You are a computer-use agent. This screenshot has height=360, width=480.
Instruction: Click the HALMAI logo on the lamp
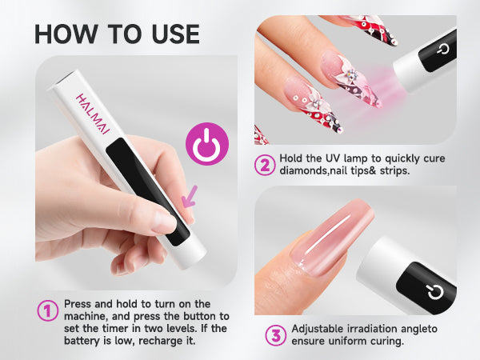[x=93, y=114]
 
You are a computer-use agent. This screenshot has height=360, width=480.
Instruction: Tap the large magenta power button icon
[x=207, y=144]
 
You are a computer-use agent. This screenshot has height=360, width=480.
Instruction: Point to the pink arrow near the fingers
[x=190, y=197]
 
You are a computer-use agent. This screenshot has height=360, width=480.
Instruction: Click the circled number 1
[x=47, y=310]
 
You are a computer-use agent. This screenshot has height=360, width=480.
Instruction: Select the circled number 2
[x=265, y=165]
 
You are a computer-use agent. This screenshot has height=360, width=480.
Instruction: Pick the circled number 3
[x=275, y=335]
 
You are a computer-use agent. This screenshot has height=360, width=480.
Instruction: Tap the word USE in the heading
[x=175, y=34]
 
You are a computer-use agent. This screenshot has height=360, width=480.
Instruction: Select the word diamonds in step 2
[x=303, y=170]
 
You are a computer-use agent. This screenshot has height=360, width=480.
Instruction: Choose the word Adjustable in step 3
[x=318, y=329]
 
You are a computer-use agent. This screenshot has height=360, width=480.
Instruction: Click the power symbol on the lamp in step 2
[x=442, y=49]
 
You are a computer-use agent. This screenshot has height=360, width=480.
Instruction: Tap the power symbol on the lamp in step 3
[x=435, y=292]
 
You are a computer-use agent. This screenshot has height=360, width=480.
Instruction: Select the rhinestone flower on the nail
[x=353, y=75]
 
